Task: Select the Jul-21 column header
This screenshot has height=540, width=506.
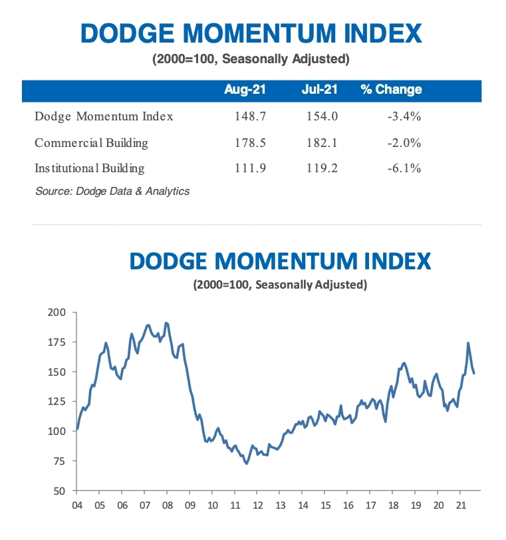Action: tap(320, 89)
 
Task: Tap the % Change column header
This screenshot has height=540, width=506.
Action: tap(391, 89)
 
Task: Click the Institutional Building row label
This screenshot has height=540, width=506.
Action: tap(90, 168)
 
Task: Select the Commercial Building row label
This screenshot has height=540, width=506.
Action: tap(92, 142)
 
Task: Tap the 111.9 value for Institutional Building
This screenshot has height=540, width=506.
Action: tap(250, 168)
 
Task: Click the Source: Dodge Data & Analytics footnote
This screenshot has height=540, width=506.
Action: tap(112, 192)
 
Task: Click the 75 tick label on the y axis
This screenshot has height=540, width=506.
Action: tap(60, 461)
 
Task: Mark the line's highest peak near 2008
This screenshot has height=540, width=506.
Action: tap(166, 323)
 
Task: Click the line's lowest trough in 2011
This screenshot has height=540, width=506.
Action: tap(247, 464)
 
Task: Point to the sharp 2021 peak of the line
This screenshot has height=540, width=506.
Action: tap(468, 343)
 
